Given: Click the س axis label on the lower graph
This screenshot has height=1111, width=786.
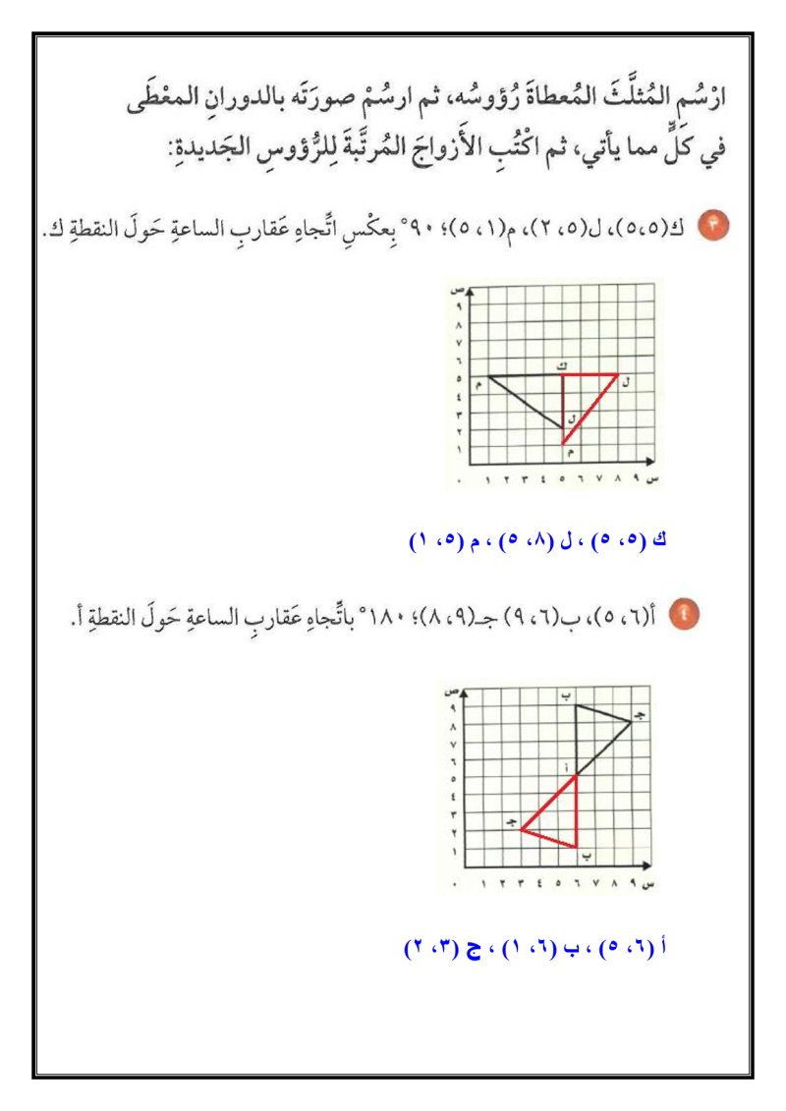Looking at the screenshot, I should (647, 884).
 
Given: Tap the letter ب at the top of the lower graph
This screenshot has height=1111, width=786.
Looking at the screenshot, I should (566, 695).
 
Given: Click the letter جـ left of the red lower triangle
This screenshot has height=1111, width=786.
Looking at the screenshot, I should (511, 821).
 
